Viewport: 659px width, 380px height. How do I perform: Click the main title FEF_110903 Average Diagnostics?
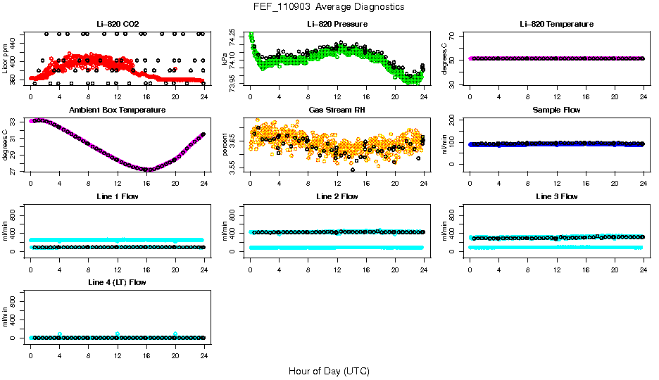pos(329,6)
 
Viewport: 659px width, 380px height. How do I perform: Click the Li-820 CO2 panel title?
pos(117,25)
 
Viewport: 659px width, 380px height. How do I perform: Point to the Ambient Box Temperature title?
pos(117,110)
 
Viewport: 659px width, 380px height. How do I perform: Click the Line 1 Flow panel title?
pos(117,196)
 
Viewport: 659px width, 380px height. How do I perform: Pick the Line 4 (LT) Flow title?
pos(117,282)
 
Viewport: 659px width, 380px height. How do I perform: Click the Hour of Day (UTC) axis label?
pos(329,371)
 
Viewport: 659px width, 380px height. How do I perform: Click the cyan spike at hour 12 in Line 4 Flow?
pos(117,334)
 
